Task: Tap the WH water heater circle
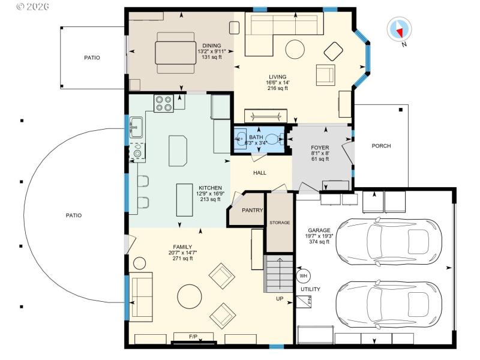point(303,276)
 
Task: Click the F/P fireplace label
point(193,337)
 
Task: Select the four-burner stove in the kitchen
point(164,104)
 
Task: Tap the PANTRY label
point(253,211)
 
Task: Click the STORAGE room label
point(280,223)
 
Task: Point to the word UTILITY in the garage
point(310,289)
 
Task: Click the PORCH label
point(381,146)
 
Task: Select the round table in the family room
point(190,296)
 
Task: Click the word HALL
point(260,173)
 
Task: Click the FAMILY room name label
point(182,247)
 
